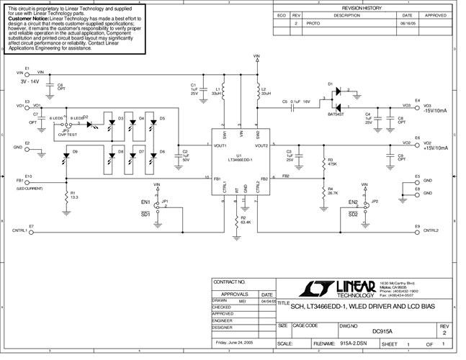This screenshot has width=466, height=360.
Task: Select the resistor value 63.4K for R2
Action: pos(246,222)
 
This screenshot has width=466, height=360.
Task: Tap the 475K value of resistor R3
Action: pos(332,164)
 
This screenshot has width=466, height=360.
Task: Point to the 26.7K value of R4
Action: pos(333,193)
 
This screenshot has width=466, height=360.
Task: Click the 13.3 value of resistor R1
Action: pos(74,197)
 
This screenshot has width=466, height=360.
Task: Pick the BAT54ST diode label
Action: pos(336,114)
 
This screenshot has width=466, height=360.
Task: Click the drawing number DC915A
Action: pos(382,331)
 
